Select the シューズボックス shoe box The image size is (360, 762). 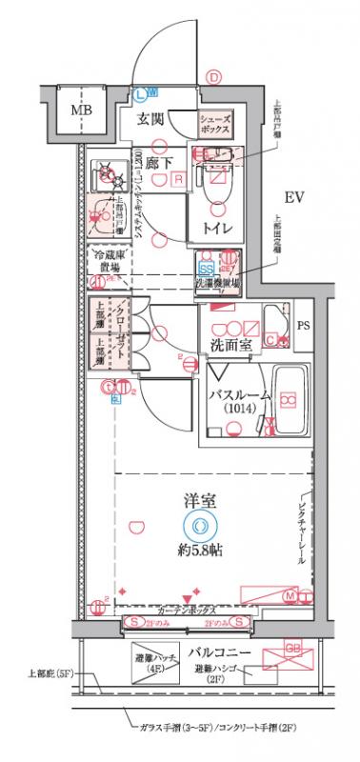[215, 122]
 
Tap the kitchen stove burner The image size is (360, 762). [104, 173]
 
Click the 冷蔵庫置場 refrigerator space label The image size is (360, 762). [109, 261]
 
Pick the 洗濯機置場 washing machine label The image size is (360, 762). [218, 284]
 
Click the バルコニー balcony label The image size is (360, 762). [218, 652]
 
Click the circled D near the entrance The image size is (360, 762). [214, 78]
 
